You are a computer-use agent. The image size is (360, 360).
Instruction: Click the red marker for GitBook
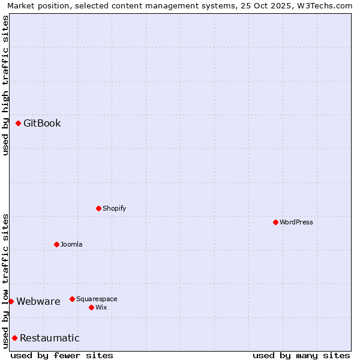pos(19,124)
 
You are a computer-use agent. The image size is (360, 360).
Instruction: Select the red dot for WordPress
pos(275,222)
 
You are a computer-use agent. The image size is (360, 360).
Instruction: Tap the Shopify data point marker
pos(99,208)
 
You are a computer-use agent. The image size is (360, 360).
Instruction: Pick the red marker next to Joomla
pos(57,244)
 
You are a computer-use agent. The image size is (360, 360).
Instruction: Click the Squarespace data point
pos(73,299)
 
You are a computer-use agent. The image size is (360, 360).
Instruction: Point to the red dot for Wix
pos(92,307)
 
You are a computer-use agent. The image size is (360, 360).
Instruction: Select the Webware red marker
pos(11,301)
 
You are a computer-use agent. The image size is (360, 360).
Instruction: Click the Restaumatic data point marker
pos(15,338)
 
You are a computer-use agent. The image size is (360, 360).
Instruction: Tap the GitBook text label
pos(42,124)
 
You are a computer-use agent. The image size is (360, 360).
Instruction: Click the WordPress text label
pos(296,222)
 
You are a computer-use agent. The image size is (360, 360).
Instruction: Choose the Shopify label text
pos(114,208)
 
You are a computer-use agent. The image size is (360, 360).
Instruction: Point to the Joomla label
pos(71,244)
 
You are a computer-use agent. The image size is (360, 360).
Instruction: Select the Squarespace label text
pos(97,299)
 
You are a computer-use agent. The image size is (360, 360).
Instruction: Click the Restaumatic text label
pos(50,338)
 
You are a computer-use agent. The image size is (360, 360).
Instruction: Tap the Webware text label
pos(38,301)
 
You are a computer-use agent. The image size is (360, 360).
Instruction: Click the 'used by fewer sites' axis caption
pos(62,355)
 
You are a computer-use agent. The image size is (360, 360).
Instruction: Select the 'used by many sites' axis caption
pos(301,355)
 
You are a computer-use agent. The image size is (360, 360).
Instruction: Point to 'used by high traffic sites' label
pos(5,85)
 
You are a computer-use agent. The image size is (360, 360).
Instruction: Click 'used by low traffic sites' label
pos(5,280)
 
